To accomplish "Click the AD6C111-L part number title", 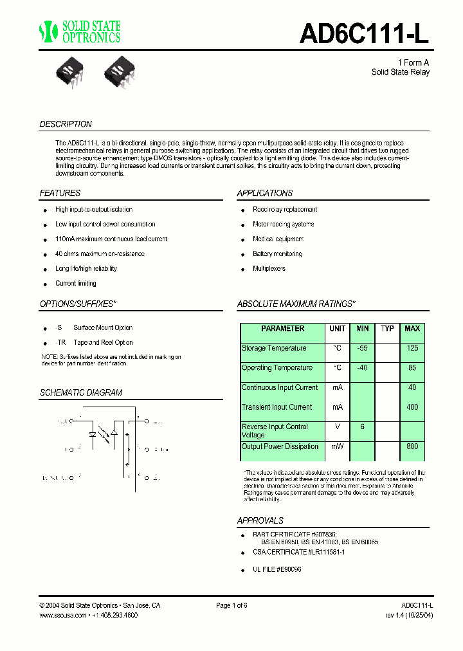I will [364, 33].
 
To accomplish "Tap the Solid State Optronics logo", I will [80, 32].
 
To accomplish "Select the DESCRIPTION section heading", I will [66, 124].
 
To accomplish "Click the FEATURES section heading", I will [60, 193].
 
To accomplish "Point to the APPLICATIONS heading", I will [264, 193].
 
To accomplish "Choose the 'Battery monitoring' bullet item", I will [277, 254].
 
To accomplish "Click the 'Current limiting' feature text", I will [76, 284].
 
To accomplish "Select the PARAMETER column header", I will [282, 329].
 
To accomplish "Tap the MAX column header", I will [412, 329].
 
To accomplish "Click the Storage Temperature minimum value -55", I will [363, 348].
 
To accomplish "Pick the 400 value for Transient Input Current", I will [412, 407].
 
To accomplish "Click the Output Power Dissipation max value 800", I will [412, 446].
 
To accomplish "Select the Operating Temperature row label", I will [277, 368].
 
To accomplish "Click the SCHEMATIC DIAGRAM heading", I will [81, 392].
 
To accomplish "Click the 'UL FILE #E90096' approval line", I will [277, 569].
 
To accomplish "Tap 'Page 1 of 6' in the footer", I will [232, 606].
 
